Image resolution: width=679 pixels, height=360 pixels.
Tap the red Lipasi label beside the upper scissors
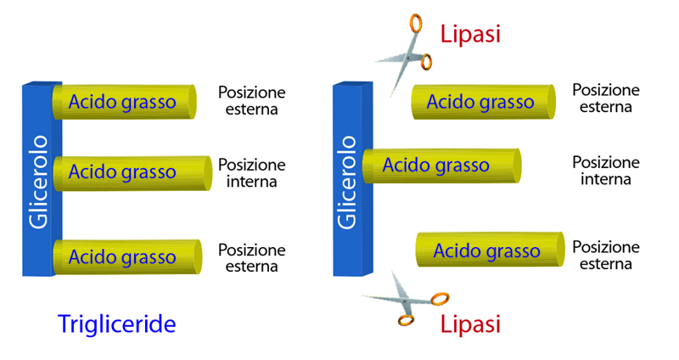469,34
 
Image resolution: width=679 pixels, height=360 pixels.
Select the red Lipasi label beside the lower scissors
469,323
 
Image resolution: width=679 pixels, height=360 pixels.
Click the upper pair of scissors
406,56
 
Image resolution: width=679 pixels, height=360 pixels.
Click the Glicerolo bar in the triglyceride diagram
40,178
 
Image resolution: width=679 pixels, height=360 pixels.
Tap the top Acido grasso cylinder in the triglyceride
124,102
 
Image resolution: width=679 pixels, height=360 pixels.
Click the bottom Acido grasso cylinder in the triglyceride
126,256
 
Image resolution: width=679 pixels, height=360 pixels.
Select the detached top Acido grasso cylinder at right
481,102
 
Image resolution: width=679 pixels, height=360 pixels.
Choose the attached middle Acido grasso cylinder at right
440,166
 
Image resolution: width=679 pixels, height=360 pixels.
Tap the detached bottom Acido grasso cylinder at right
488,250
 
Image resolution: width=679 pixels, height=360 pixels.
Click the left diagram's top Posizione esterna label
251,100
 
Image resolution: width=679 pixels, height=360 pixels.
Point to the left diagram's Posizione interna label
251,172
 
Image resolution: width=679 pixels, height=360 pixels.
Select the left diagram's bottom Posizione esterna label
251,258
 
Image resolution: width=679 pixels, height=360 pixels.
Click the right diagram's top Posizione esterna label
605,98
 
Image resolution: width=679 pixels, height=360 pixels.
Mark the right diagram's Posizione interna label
605,171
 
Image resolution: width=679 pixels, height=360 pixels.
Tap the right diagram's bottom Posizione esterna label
605,256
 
